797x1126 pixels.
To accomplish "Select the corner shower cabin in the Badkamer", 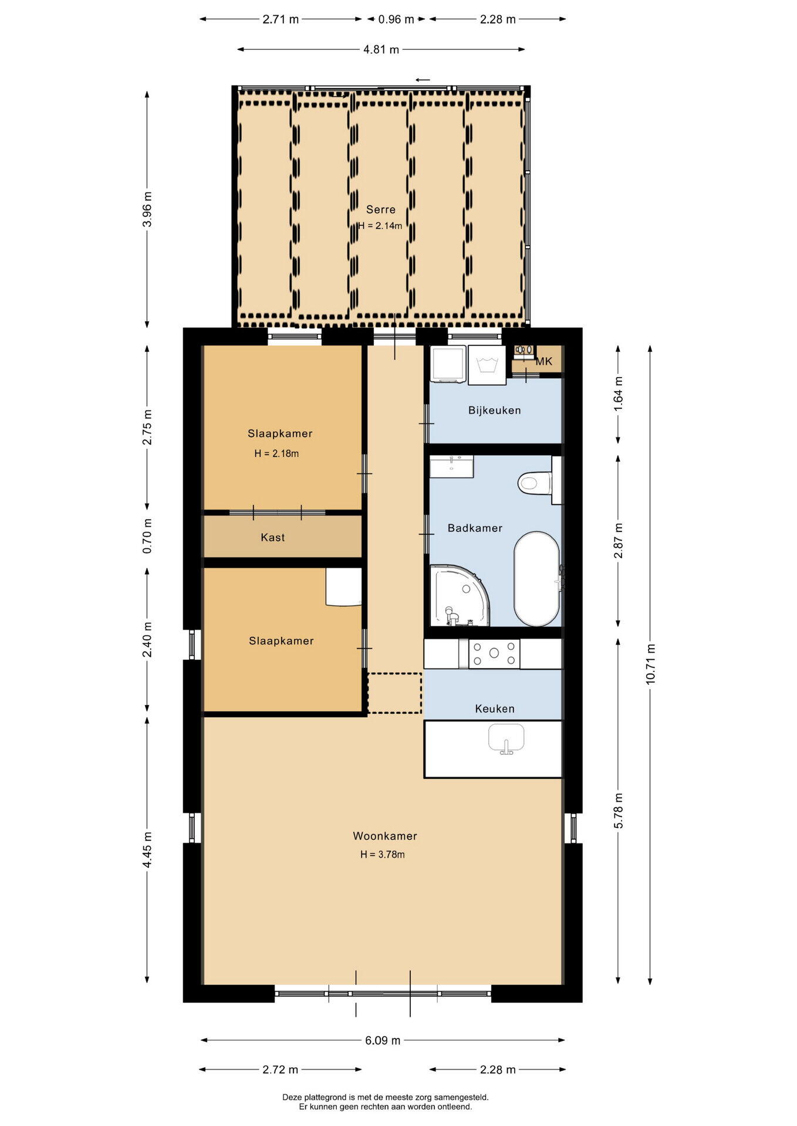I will tap(458, 595).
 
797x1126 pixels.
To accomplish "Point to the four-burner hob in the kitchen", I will tap(494, 653).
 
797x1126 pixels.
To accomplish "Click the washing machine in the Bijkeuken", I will tap(487, 365).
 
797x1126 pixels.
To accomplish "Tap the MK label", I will tap(544, 361).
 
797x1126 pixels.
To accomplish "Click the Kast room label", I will tap(273, 537).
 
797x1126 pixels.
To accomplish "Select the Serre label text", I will tap(381, 209).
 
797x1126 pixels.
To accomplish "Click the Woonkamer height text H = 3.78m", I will tap(383, 854).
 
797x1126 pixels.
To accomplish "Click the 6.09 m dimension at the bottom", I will tap(383, 1040).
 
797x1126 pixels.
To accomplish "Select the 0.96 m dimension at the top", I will tap(396, 19).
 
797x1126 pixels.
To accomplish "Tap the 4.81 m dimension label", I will tap(381, 50).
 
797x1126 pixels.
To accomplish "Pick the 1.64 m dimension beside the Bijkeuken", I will tap(618, 394).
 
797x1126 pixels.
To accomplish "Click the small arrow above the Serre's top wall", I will tap(423, 80).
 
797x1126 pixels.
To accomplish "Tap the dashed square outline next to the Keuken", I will tap(394, 693).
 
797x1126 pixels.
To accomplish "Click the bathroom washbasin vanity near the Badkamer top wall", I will tap(451, 467).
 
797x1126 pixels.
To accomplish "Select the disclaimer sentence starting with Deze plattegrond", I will tap(385, 1097).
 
